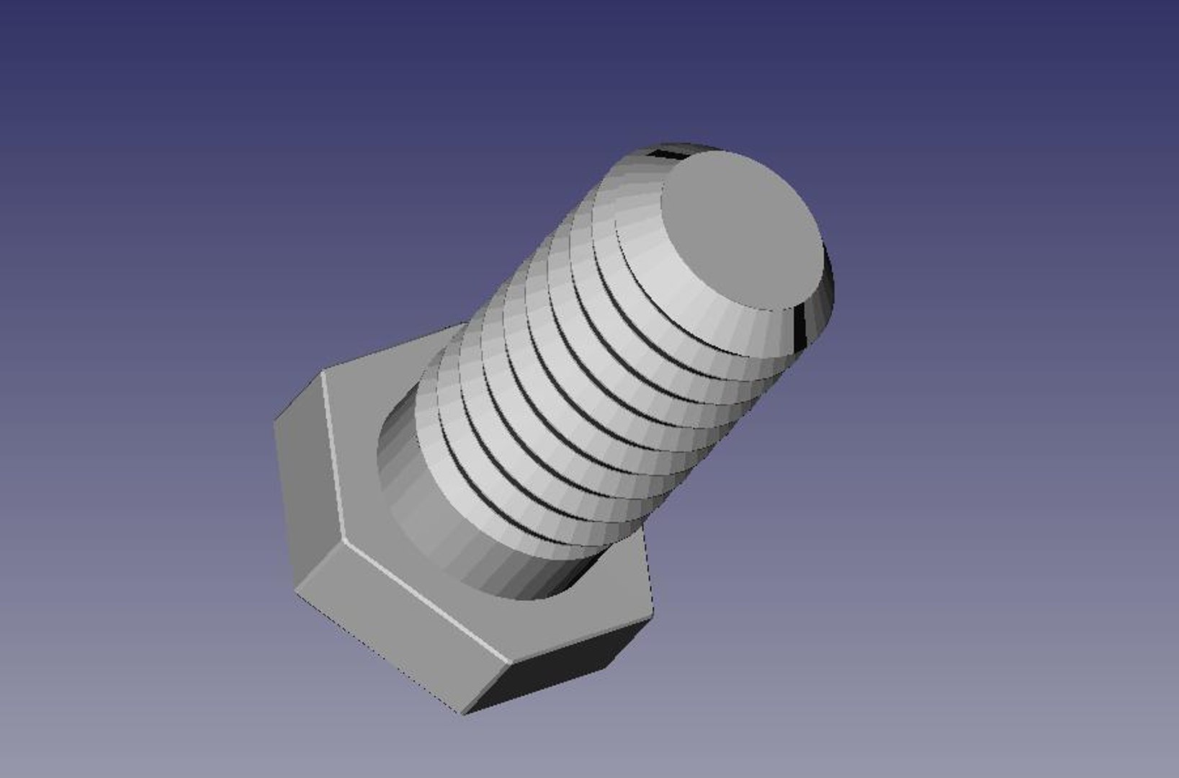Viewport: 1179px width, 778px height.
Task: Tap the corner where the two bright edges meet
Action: click(345, 541)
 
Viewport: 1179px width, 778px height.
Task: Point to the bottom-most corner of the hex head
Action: click(465, 714)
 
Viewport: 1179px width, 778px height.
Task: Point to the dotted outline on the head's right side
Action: click(647, 569)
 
